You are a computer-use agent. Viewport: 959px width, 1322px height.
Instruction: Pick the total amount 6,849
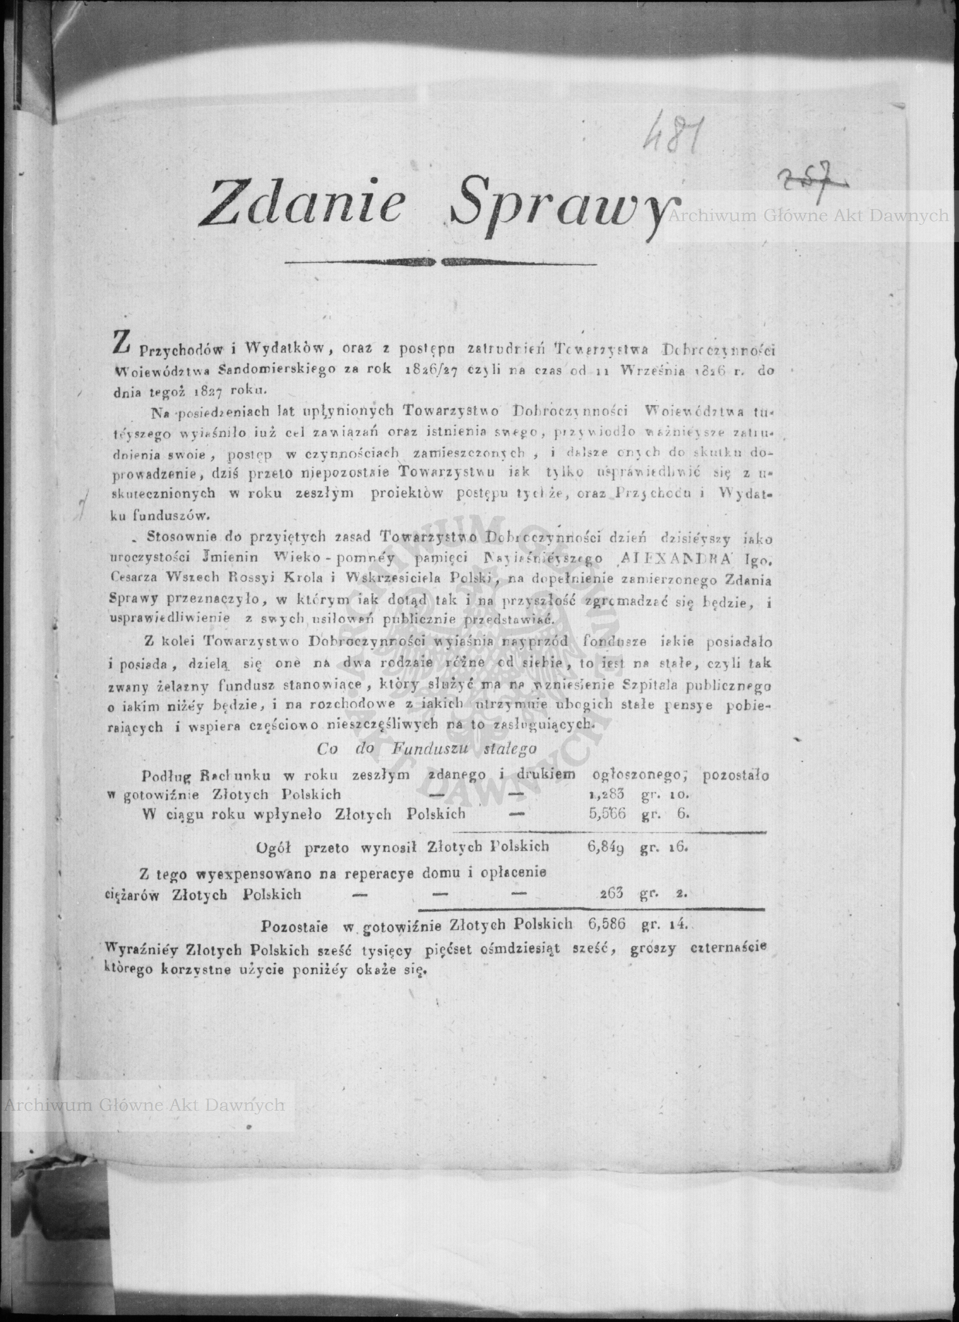tap(606, 847)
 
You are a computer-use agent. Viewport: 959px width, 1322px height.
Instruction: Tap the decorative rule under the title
tap(441, 262)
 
